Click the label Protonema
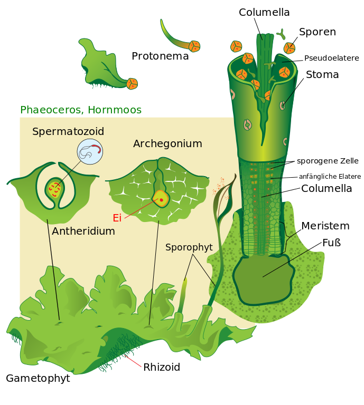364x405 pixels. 160,56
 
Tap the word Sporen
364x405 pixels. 317,32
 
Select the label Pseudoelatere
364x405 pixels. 331,58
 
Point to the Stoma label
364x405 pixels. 322,75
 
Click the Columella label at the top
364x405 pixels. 264,12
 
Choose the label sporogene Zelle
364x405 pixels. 328,161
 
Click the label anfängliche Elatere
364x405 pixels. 330,176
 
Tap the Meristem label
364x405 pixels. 325,226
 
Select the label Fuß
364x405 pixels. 332,243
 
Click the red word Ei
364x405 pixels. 117,218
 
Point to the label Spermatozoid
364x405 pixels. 68,132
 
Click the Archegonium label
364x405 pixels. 167,144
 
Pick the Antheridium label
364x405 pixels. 83,231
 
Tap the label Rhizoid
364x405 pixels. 162,368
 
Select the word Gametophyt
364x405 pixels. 38,379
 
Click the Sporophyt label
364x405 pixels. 189,247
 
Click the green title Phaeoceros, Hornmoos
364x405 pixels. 81,110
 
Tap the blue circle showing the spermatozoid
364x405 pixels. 90,152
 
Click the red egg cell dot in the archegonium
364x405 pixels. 161,200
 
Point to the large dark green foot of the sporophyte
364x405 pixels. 263,279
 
